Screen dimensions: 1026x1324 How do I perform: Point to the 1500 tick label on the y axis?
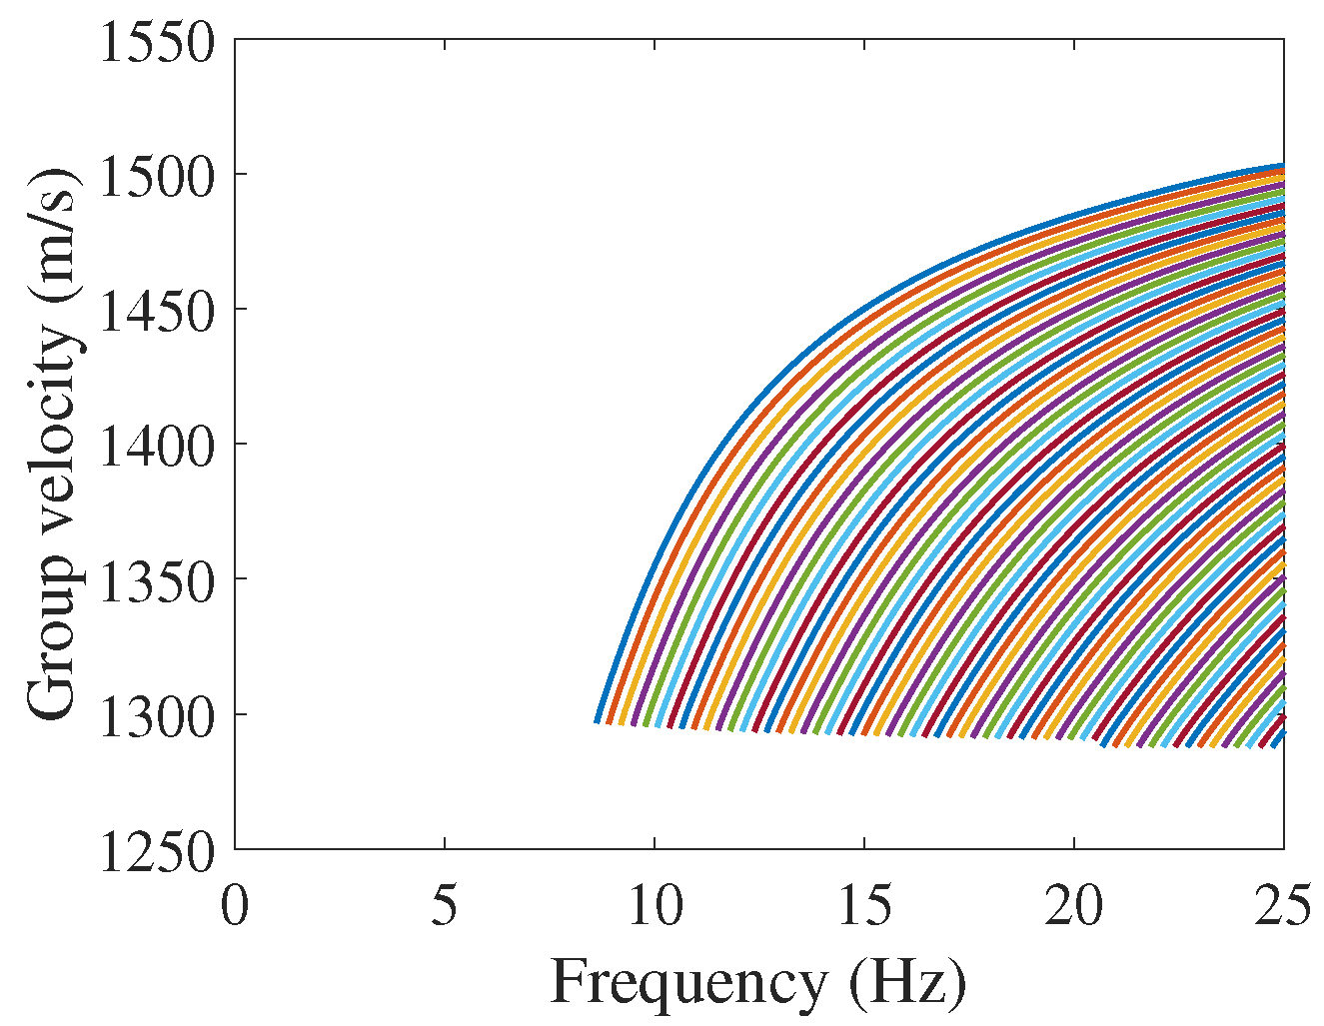[x=157, y=176]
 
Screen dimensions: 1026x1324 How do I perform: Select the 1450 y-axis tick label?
[x=157, y=311]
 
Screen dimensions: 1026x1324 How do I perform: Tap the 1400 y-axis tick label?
[x=157, y=446]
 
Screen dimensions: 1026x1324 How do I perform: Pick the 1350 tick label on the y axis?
[x=157, y=580]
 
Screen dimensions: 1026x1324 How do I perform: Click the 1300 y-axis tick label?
[x=157, y=715]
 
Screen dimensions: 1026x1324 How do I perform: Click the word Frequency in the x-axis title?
[x=688, y=983]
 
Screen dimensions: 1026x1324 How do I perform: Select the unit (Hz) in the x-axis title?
[x=907, y=983]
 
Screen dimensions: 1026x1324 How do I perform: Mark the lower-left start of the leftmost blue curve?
[x=598, y=720]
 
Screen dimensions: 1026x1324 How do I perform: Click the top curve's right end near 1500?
[x=1281, y=166]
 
